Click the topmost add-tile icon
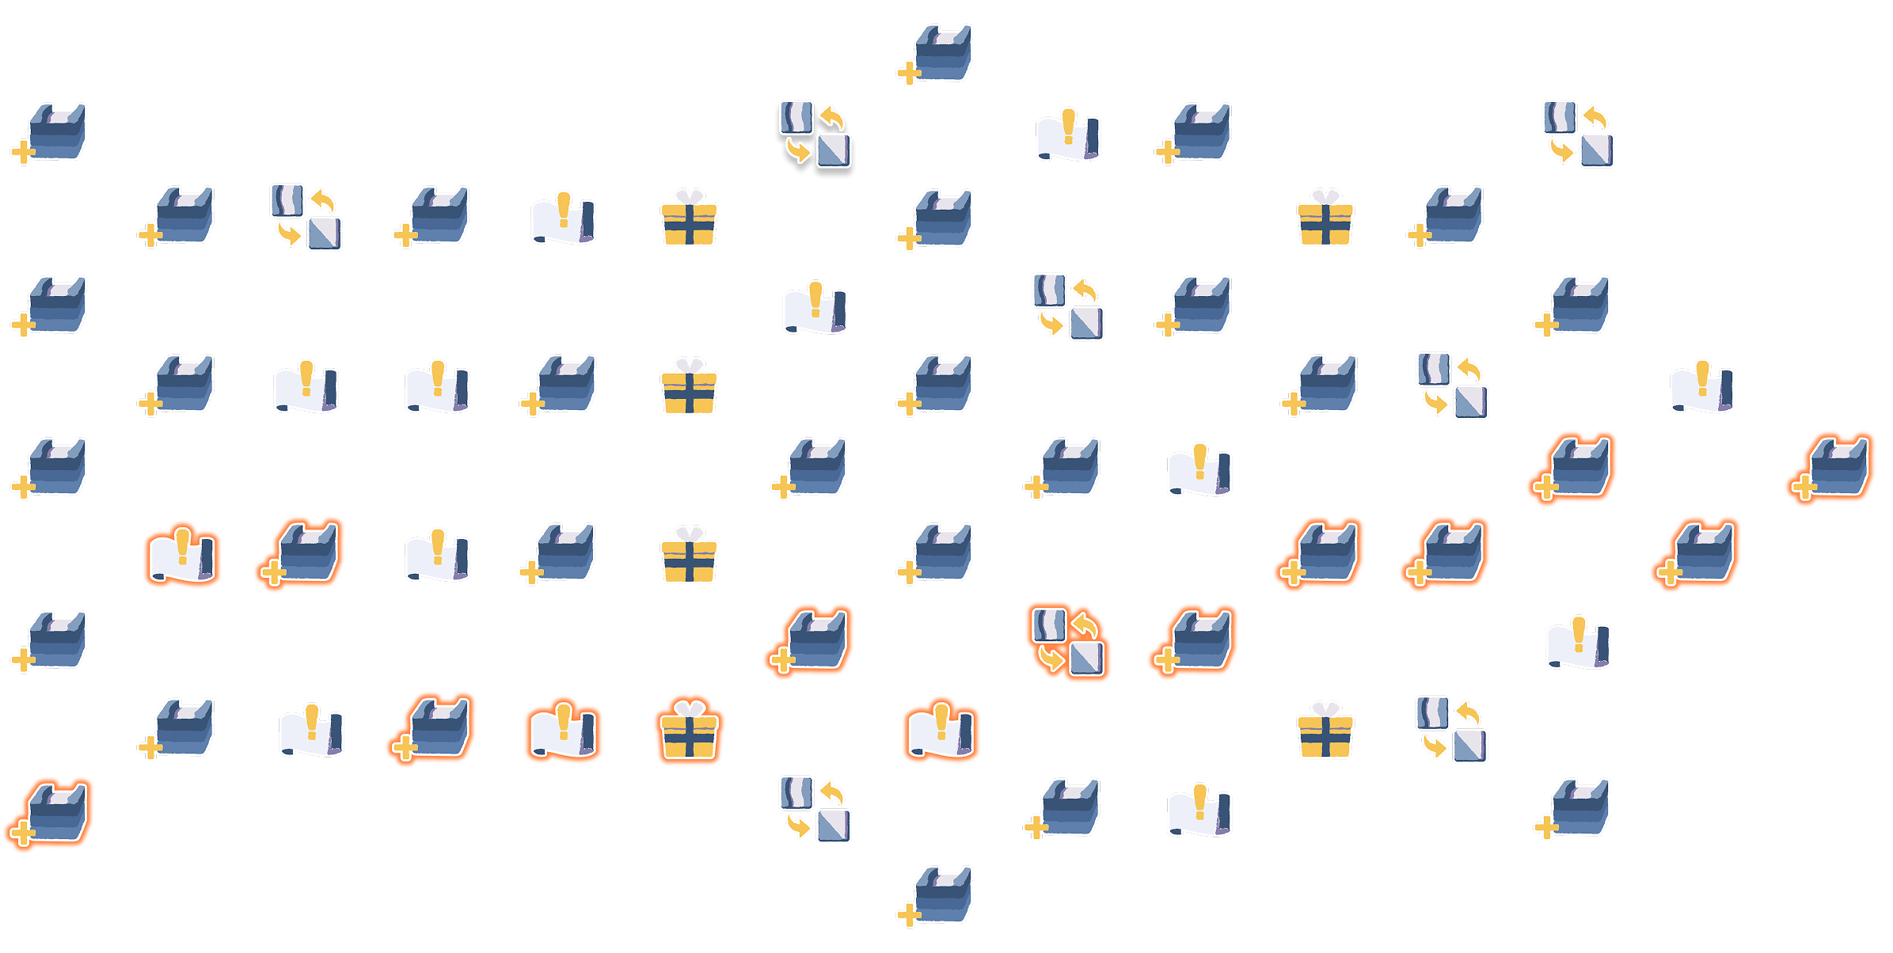coord(938,53)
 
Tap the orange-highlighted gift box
coord(689,732)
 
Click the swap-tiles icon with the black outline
coord(815,134)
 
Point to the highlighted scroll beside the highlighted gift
coord(564,730)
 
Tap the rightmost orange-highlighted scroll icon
coord(942,730)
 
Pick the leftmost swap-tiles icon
coord(306,217)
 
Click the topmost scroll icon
coord(1068,135)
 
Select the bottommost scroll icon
coord(1199,809)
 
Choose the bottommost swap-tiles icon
coord(815,807)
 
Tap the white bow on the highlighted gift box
coord(689,708)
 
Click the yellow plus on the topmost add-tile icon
coord(908,74)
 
